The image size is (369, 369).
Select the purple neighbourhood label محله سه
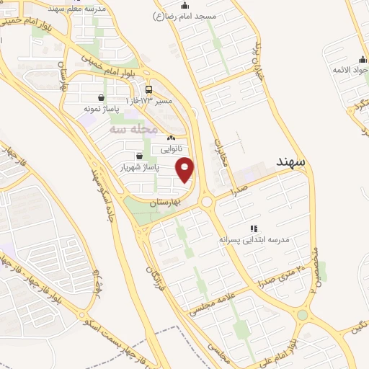(x=133, y=129)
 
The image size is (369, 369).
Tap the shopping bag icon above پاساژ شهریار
(x=138, y=156)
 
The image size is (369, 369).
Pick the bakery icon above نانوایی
(x=171, y=138)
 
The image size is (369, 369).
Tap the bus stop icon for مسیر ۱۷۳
(x=148, y=90)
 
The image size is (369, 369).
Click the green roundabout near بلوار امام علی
(x=302, y=315)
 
